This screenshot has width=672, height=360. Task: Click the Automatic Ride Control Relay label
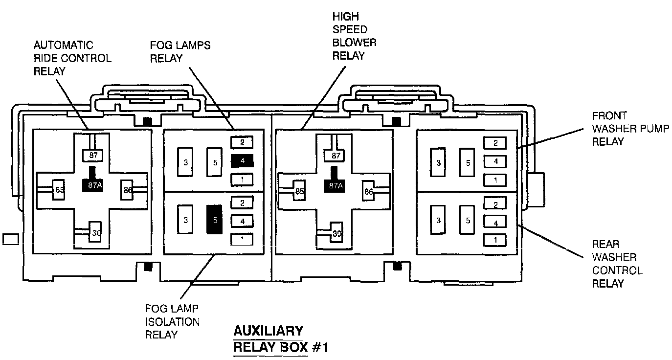point(72,58)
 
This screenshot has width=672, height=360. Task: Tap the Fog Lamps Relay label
point(180,52)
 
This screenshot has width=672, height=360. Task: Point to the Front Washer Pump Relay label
point(621,129)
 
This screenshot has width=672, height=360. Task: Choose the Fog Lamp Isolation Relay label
point(172,321)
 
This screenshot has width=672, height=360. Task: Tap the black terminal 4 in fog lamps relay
point(243,160)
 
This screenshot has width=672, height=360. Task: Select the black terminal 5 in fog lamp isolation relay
point(215,220)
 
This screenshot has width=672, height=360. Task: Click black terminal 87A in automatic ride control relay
point(91,185)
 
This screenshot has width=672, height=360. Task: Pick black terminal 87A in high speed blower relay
point(336,185)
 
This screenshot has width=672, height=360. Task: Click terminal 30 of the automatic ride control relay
point(95,233)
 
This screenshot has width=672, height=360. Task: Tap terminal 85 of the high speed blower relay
point(299,191)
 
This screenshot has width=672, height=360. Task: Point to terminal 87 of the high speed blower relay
point(336,156)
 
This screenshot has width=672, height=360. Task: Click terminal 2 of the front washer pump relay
point(495,143)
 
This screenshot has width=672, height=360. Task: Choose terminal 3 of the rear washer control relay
point(438,221)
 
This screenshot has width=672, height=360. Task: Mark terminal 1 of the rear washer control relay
point(495,240)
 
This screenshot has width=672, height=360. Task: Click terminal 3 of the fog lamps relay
point(185,162)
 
